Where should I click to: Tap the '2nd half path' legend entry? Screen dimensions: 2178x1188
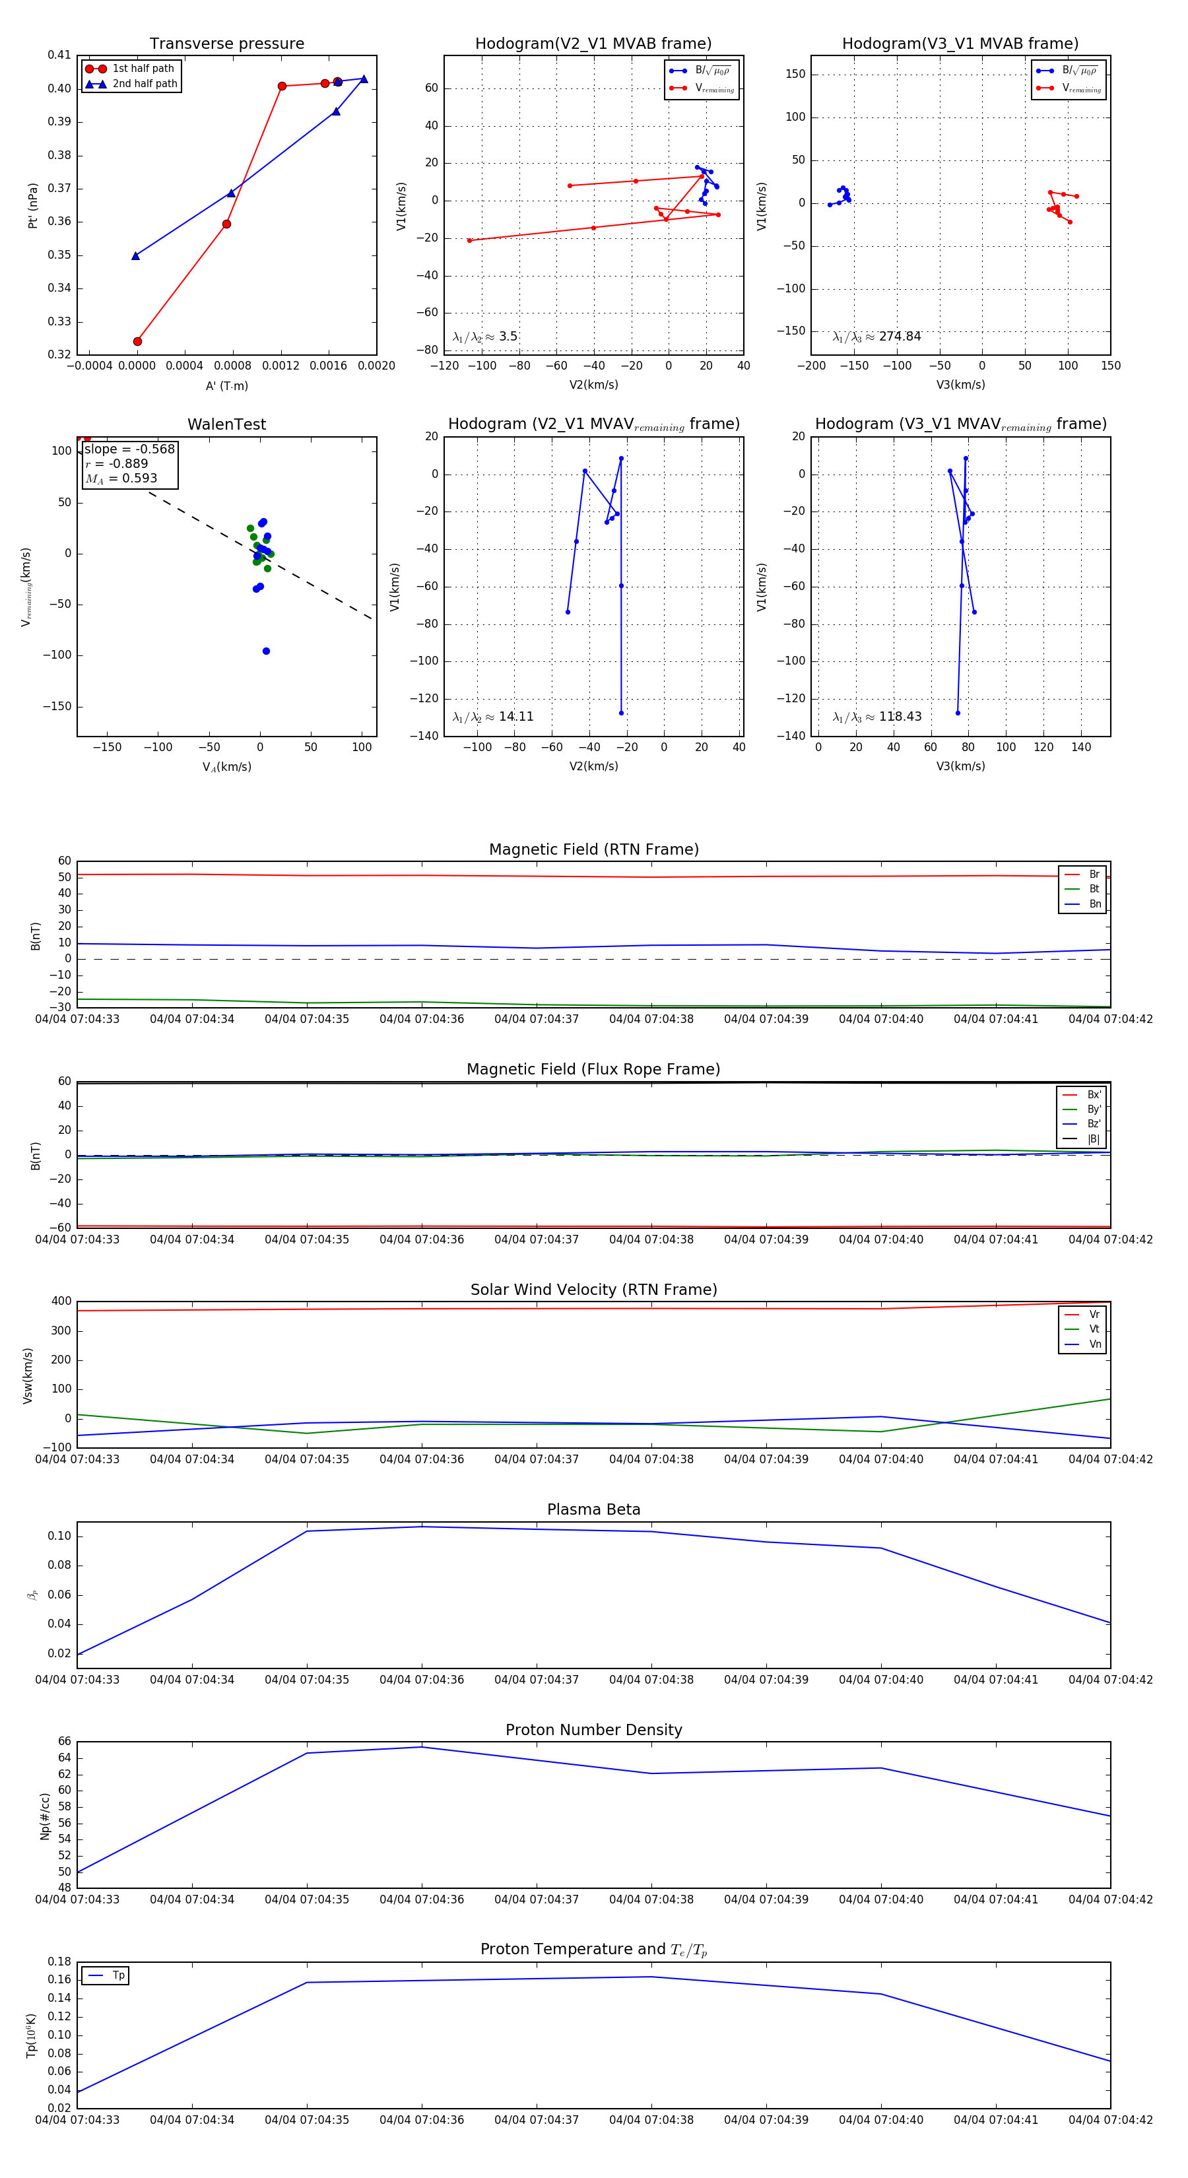145,84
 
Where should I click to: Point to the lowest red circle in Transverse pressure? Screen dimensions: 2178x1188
138,342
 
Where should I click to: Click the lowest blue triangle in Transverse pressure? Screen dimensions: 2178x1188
135,255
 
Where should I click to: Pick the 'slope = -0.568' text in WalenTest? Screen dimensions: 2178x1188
129,449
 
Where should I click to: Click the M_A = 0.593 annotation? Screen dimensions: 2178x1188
121,478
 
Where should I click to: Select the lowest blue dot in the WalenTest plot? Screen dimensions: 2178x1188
267,651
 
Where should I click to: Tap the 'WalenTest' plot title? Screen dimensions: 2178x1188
226,424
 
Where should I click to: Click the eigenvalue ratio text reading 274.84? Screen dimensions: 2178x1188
877,337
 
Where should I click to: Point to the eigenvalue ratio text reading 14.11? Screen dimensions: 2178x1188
493,717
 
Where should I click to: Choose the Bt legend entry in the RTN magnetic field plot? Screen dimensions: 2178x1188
1094,888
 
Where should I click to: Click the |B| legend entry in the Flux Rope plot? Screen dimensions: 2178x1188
1094,1139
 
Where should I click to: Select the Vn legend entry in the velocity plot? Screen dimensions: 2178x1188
1094,1344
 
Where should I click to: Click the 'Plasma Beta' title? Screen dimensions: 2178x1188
593,1510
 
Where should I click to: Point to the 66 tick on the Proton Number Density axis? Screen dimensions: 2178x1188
64,1742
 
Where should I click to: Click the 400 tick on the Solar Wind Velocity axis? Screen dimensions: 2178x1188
61,1302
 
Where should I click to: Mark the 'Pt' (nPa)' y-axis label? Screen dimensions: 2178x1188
33,205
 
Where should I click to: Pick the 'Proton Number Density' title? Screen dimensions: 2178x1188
593,1730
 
